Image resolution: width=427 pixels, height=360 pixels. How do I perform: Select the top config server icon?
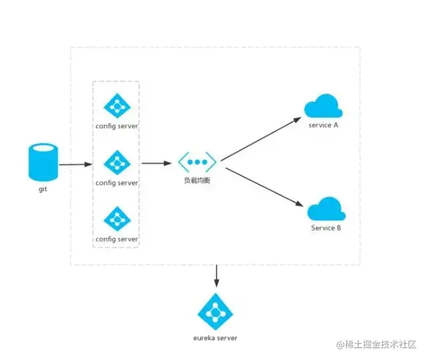pos(117,105)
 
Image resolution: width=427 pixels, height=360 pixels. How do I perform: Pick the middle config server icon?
pos(117,161)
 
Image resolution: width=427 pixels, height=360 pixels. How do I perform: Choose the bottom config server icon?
pos(117,218)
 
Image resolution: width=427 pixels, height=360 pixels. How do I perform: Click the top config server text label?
pos(117,125)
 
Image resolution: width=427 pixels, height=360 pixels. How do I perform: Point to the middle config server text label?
pos(117,182)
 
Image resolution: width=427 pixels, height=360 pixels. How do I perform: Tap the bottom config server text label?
pos(117,239)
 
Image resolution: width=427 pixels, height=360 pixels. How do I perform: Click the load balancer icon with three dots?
pos(197,162)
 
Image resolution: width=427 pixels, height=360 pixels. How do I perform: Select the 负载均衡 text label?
pos(198,181)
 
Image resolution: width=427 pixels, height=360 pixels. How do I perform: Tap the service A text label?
pos(324,125)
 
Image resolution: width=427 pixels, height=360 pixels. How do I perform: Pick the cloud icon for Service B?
pos(326,209)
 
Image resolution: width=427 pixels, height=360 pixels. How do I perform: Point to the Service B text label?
pos(326,228)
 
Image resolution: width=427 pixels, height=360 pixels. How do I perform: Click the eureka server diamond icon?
pos(215,311)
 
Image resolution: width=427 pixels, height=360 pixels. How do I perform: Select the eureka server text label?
pos(215,338)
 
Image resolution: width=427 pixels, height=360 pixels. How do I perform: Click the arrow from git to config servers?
pos(75,164)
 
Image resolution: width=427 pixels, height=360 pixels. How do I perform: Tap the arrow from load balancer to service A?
pos(260,139)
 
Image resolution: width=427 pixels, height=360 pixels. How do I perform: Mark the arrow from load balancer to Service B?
pos(260,185)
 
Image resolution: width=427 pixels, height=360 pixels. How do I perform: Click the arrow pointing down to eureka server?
pos(215,276)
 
